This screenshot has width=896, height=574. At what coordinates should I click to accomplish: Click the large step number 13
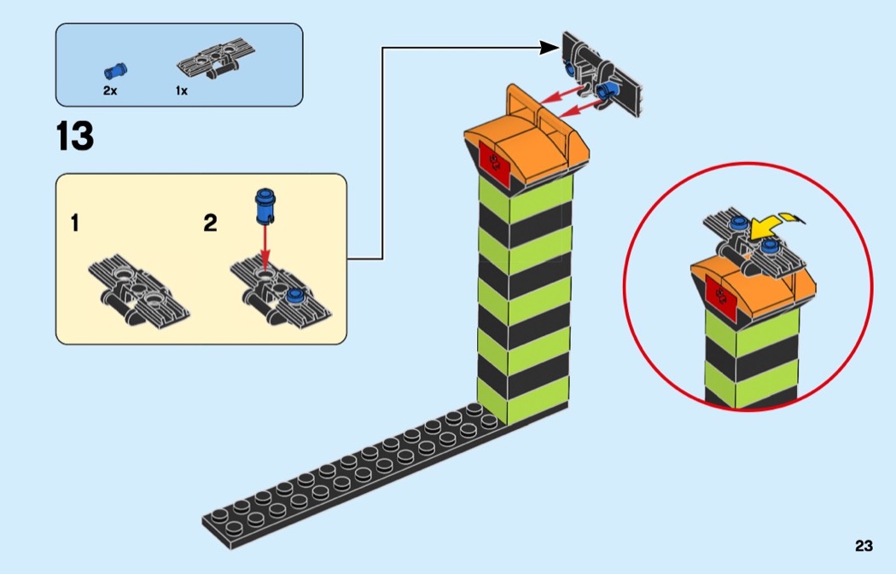(x=75, y=136)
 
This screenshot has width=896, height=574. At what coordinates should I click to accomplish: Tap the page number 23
(x=864, y=547)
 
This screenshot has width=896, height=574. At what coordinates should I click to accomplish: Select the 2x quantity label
(x=110, y=90)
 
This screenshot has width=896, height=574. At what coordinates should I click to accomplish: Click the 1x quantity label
(x=182, y=90)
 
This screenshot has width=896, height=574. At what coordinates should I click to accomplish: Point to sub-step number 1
(x=75, y=224)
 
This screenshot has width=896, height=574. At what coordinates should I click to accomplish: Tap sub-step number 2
(x=210, y=224)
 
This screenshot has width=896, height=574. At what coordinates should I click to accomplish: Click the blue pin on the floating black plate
(x=609, y=90)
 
